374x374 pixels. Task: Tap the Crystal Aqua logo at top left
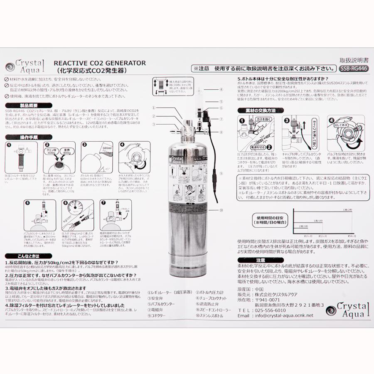(x=25, y=66)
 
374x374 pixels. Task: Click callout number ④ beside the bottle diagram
(x=221, y=89)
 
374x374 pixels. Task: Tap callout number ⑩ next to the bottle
(x=221, y=210)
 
